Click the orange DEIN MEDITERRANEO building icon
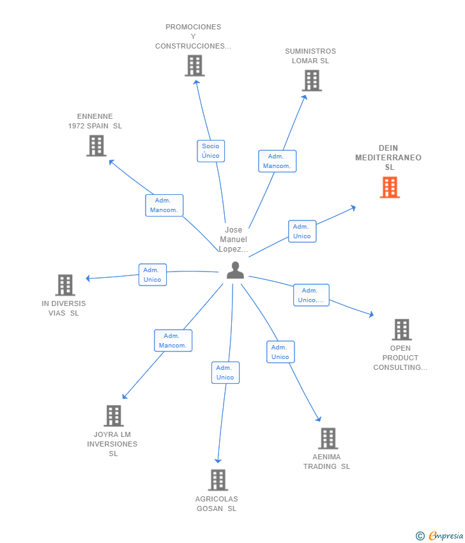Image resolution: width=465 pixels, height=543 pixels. tap(390, 187)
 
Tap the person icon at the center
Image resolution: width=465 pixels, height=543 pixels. tap(235, 270)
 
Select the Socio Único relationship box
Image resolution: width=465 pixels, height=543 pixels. tap(211, 151)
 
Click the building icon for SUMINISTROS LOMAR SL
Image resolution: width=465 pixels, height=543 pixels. tap(312, 80)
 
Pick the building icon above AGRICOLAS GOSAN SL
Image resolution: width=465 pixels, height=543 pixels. tap(218, 480)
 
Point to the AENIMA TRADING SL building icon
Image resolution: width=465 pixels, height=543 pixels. tap(328, 438)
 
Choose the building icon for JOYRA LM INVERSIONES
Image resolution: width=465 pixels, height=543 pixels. tap(113, 416)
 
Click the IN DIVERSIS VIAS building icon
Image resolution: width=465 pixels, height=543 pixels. tap(65, 285)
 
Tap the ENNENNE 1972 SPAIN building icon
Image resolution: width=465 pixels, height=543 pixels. tap(96, 146)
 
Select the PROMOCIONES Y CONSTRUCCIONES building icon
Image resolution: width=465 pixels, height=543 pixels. tap(194, 65)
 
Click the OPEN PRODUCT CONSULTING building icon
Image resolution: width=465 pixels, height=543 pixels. tap(401, 330)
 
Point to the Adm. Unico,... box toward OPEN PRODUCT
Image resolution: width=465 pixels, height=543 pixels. tap(311, 295)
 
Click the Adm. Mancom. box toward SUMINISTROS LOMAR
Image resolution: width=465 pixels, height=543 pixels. tap(277, 161)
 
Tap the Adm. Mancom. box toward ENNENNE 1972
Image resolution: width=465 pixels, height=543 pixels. tap(164, 205)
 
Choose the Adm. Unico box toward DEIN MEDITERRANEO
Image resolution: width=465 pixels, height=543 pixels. tap(301, 231)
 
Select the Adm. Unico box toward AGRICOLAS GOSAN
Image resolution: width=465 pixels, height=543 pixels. tap(225, 372)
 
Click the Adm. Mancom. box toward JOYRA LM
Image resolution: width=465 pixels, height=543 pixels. tap(172, 340)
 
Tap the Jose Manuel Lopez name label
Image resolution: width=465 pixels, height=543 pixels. tap(233, 240)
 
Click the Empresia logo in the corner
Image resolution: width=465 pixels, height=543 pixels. tap(440, 535)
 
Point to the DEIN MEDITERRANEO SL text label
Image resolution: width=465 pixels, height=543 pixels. tap(388, 158)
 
